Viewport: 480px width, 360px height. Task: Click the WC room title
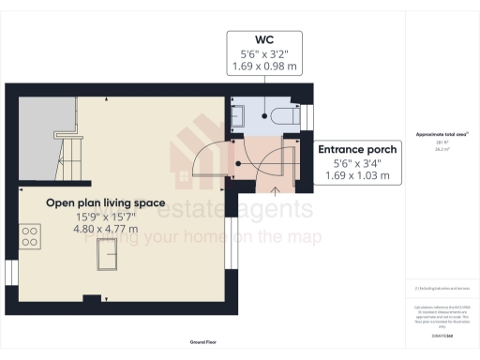[x=263, y=40]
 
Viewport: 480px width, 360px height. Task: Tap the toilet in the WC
[x=281, y=116]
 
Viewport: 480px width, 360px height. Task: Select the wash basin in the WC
[x=236, y=116]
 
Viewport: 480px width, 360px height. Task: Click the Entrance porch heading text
[x=357, y=150]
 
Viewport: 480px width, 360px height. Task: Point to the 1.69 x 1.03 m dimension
[x=357, y=175]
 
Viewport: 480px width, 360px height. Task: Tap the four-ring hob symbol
[x=31, y=235]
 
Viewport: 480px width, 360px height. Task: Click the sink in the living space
[x=107, y=254]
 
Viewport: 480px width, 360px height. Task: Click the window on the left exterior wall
[x=9, y=271]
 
